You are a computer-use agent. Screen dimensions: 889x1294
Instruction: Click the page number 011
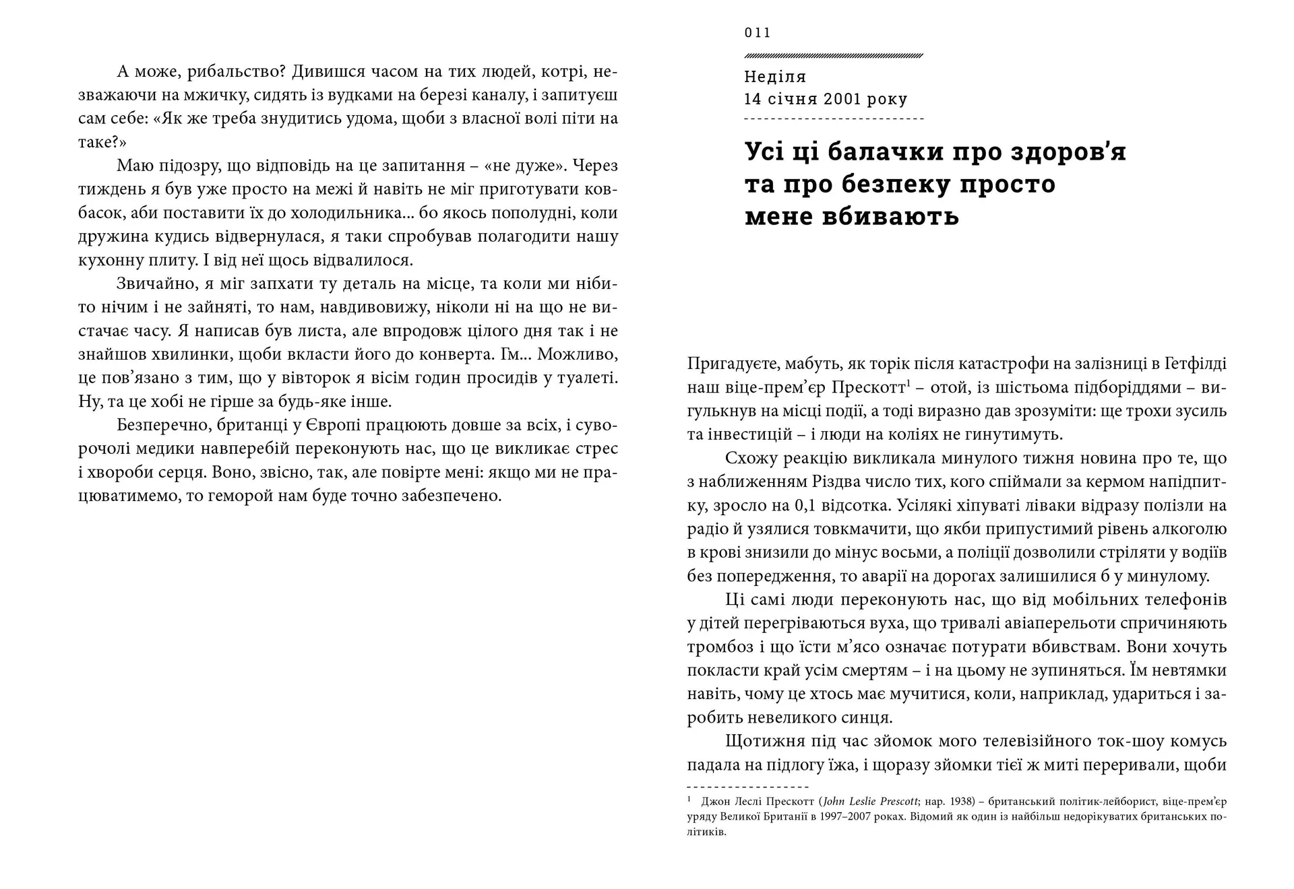click(x=758, y=33)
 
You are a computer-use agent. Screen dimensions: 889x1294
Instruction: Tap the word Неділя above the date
click(x=775, y=77)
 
